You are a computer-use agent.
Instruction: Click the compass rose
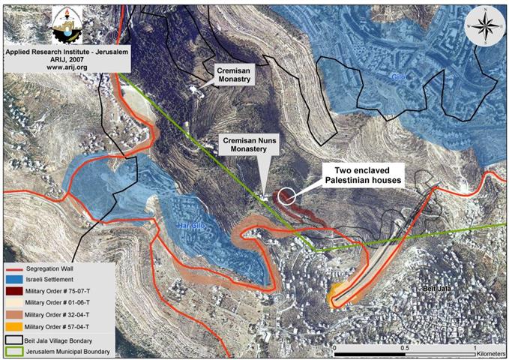[x=484, y=25]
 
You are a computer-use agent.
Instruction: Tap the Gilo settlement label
[x=401, y=76]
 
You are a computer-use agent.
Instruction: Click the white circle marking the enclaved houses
[x=286, y=197]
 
